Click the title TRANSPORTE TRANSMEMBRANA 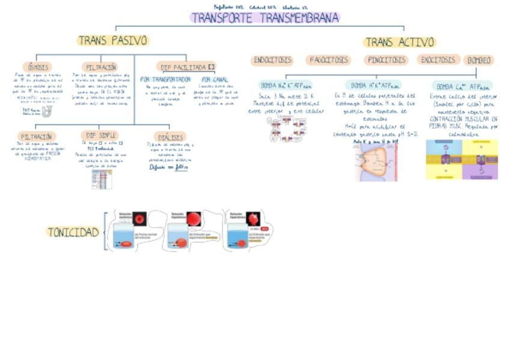265,18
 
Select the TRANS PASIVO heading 112,41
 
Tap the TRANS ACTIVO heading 399,42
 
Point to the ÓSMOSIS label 36,67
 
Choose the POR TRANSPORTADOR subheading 165,79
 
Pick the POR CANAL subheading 215,79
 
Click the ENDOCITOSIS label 272,60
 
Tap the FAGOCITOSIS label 328,60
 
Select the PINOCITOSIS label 385,60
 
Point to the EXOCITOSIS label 438,60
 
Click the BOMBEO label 479,60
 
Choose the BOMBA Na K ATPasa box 286,86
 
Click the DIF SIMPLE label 99,135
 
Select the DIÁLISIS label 169,136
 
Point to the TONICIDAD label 73,233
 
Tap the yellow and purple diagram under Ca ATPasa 462,160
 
